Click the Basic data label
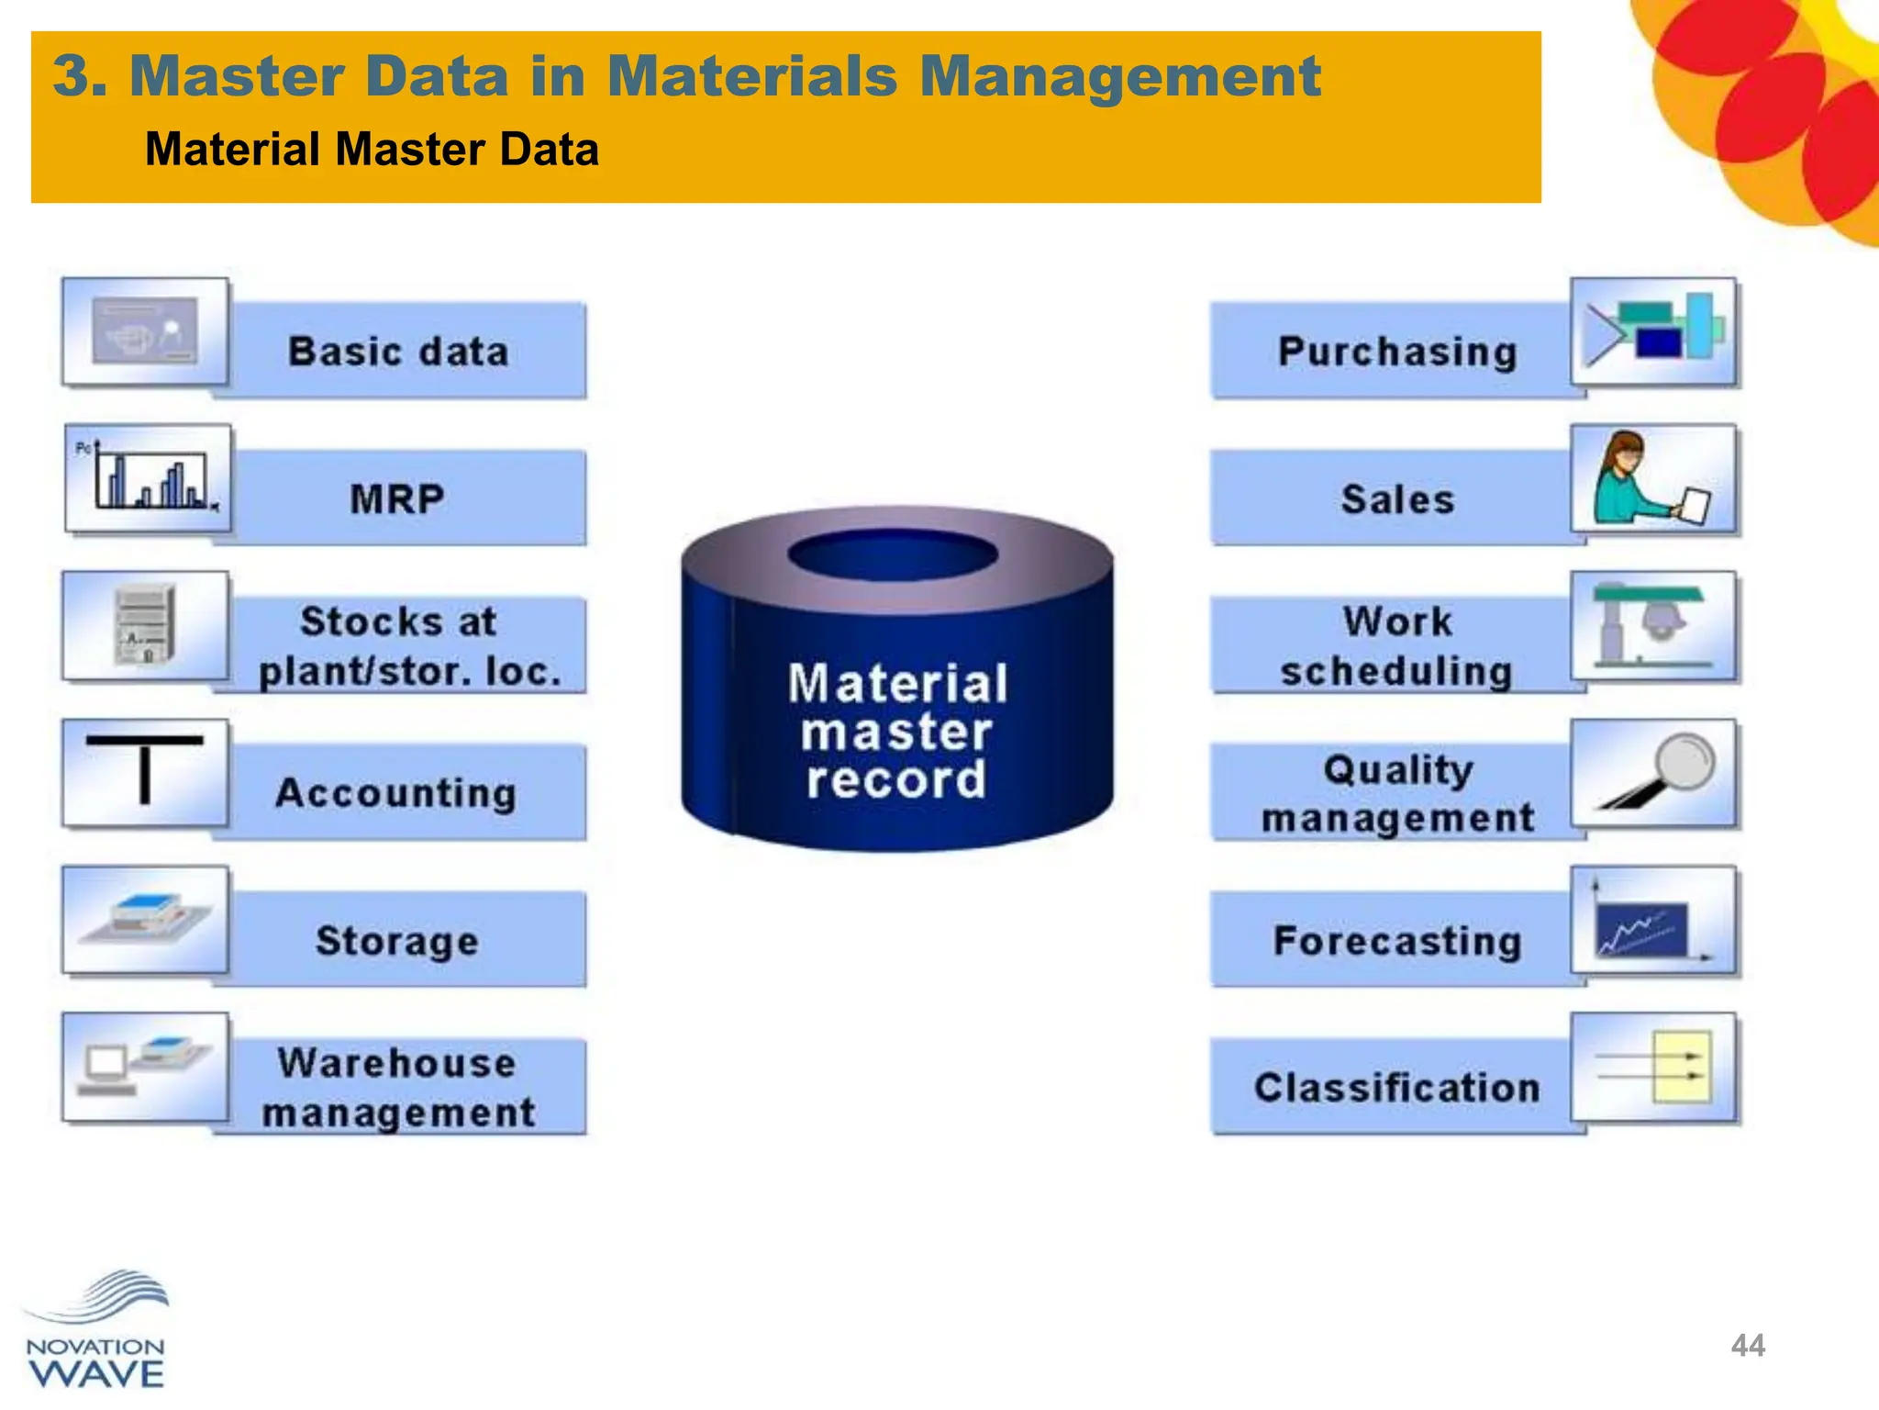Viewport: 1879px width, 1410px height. coord(398,352)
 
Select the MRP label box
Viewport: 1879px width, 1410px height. coord(398,498)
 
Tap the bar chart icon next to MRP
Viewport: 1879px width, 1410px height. coord(148,477)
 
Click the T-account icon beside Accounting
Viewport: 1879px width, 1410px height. coord(145,772)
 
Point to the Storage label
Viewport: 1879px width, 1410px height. coord(397,941)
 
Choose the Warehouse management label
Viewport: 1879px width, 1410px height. coord(398,1088)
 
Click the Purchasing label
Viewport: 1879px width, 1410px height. coord(1396,352)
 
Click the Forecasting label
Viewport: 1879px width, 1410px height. coord(1396,941)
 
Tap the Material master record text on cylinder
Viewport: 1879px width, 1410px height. coord(896,732)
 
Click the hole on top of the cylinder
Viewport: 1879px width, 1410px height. coord(893,554)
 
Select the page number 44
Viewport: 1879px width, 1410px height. coord(1747,1346)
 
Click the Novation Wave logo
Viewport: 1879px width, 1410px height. coord(96,1331)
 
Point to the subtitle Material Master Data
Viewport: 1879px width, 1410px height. coord(372,150)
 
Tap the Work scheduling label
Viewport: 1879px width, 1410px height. coord(1396,646)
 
